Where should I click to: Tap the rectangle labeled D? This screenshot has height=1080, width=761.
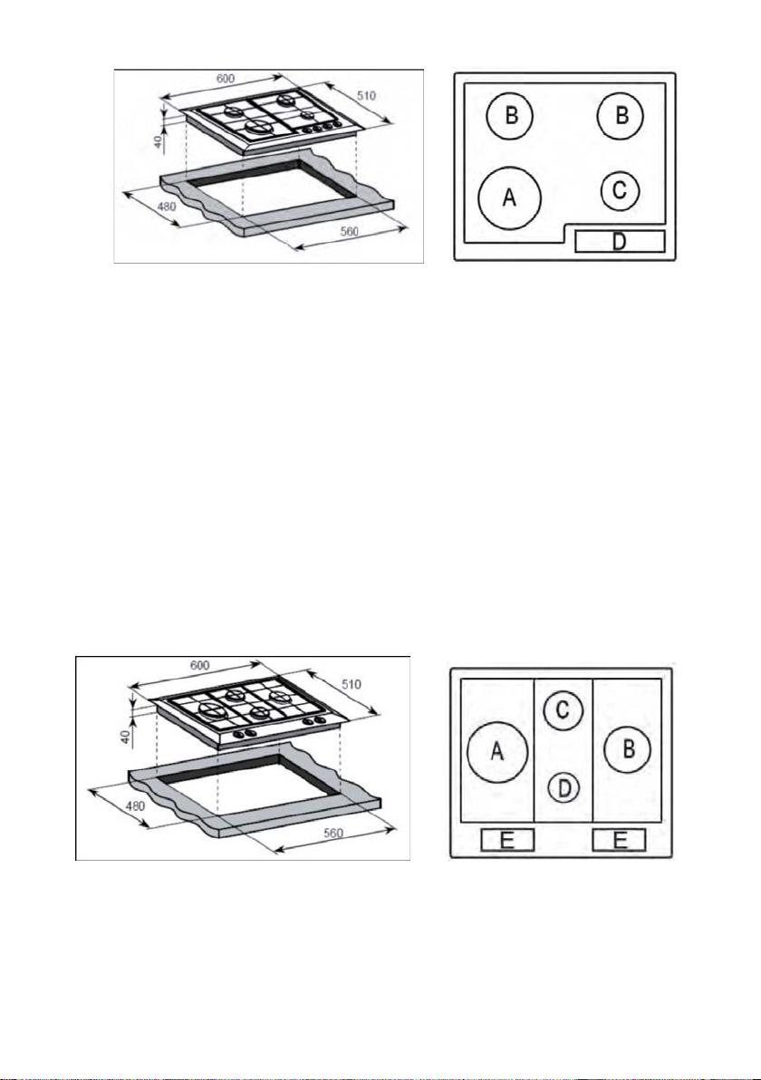click(619, 242)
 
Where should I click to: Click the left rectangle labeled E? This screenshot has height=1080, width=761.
click(506, 840)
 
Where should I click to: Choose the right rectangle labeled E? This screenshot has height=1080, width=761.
click(619, 840)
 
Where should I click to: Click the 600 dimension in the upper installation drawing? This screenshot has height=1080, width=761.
click(225, 79)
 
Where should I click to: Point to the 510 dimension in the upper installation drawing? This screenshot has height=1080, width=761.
click(366, 96)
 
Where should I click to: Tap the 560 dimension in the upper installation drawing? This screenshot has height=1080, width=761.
click(350, 231)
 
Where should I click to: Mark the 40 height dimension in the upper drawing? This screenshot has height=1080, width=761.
click(158, 141)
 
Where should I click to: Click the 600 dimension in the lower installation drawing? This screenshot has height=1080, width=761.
click(199, 666)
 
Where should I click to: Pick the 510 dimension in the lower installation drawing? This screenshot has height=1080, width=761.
click(352, 685)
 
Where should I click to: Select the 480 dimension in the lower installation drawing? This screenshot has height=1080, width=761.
click(135, 805)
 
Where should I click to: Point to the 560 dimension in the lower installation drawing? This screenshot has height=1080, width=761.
click(334, 834)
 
